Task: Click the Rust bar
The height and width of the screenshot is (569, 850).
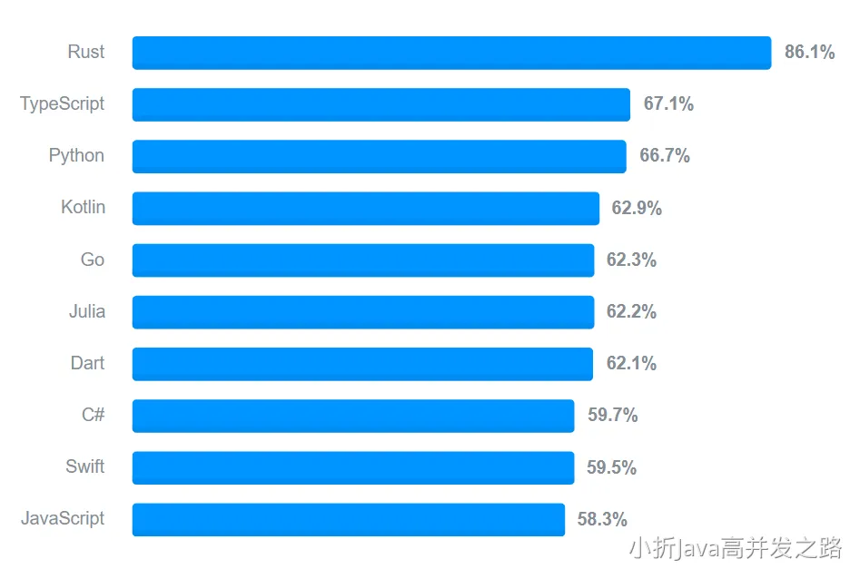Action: pyautogui.click(x=451, y=53)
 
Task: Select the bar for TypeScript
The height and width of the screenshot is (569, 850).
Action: pyautogui.click(x=381, y=104)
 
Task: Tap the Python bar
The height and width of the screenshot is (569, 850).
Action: pyautogui.click(x=380, y=156)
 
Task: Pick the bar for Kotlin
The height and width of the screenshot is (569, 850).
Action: pyautogui.click(x=366, y=208)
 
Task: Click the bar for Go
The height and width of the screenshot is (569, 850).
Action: pyautogui.click(x=363, y=260)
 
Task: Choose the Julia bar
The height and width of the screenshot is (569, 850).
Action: pyautogui.click(x=363, y=311)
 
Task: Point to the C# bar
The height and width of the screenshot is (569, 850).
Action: pyautogui.click(x=353, y=416)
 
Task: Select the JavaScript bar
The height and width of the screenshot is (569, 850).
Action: pyautogui.click(x=349, y=519)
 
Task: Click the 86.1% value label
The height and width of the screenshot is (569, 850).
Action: pyautogui.click(x=809, y=53)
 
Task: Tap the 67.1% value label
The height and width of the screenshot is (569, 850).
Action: pyautogui.click(x=668, y=104)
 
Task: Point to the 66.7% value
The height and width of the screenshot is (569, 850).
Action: pyautogui.click(x=665, y=156)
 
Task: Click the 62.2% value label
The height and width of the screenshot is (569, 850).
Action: pyautogui.click(x=631, y=312)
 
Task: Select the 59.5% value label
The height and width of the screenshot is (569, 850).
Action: pyautogui.click(x=611, y=468)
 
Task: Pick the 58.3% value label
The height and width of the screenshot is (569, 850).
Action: pyautogui.click(x=602, y=520)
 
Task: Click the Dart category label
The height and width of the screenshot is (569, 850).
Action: pyautogui.click(x=87, y=363)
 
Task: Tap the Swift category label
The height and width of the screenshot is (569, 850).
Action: pyautogui.click(x=84, y=466)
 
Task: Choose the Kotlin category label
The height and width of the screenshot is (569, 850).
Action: pyautogui.click(x=83, y=207)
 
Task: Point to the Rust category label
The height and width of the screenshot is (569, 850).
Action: pyautogui.click(x=85, y=52)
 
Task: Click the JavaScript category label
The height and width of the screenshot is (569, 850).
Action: pyautogui.click(x=63, y=518)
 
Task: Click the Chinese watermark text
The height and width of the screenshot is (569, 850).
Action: pyautogui.click(x=736, y=548)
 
